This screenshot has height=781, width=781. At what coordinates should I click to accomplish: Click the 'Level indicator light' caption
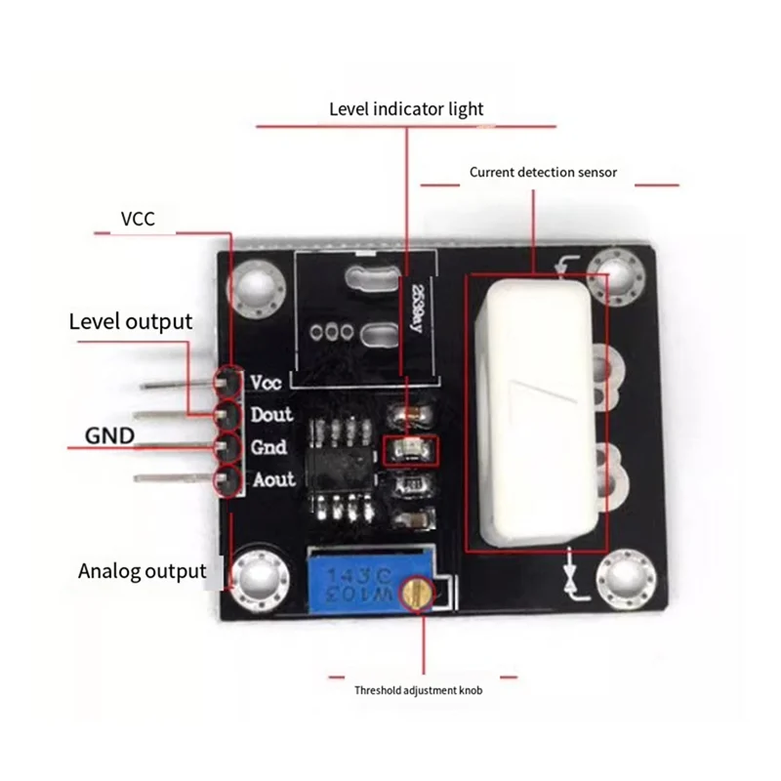coord(405,108)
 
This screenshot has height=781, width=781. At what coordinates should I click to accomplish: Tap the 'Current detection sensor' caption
coord(543,173)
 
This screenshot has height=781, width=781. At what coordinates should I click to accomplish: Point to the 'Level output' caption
coord(130,321)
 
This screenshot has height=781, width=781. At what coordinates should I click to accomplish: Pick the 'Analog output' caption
coord(142,571)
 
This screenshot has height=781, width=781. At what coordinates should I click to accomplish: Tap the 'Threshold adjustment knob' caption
coord(418,690)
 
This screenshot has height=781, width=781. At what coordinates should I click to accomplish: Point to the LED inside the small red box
coord(410,450)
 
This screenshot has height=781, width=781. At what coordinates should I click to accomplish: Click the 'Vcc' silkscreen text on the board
coord(267,382)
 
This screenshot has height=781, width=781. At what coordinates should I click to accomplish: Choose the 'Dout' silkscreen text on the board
coord(271,415)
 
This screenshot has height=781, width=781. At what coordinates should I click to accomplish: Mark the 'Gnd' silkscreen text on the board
coord(268,448)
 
